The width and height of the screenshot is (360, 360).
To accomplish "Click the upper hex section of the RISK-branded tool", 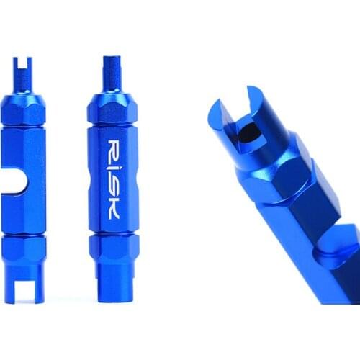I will click(109, 108).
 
